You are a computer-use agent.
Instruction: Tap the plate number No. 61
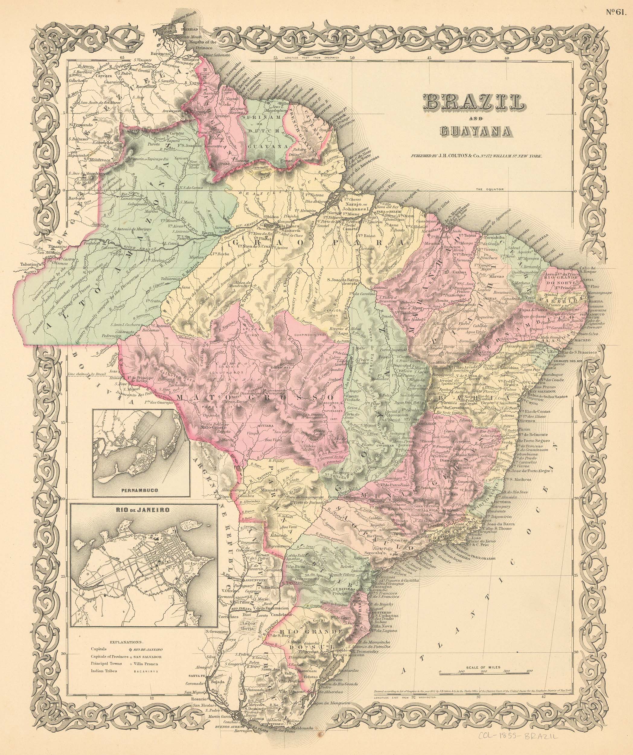(617, 11)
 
